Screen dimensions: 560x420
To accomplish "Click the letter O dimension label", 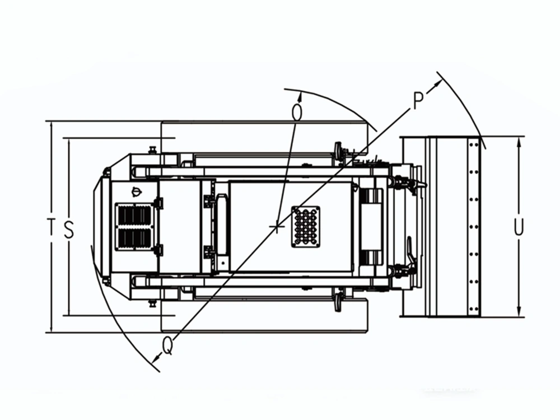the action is click(297, 112).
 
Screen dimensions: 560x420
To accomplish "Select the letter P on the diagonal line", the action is click(418, 100).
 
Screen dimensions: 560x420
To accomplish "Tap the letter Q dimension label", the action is click(167, 346).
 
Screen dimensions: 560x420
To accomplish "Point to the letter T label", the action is click(52, 227).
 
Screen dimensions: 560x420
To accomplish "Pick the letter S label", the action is click(69, 229).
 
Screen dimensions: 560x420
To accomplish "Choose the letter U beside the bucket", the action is click(519, 227).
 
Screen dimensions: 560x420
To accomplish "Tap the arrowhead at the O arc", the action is click(300, 96).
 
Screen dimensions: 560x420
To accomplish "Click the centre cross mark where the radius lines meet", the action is click(277, 226).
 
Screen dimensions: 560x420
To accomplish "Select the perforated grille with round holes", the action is click(305, 226).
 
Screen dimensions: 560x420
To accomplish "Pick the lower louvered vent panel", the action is click(134, 238).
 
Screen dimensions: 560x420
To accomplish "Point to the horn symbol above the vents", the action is click(137, 192).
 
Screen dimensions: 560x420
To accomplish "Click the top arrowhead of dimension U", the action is click(519, 142).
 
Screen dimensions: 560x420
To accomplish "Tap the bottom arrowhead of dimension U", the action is click(519, 311).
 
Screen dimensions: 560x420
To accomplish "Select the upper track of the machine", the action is click(264, 137).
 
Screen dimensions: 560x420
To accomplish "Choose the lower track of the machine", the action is click(264, 316).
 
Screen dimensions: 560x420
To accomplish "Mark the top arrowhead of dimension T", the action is click(52, 127).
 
